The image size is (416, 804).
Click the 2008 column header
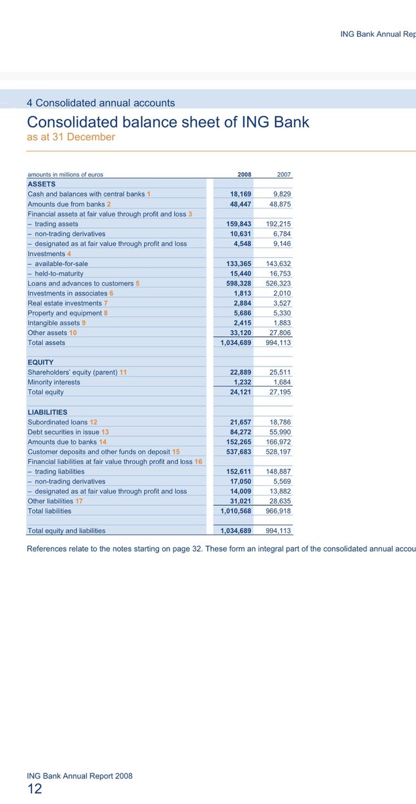click(x=244, y=174)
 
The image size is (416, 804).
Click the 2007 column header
click(x=285, y=174)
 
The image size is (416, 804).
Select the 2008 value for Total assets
click(x=236, y=342)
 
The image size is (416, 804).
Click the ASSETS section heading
click(x=41, y=184)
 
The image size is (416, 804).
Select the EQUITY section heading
click(x=41, y=362)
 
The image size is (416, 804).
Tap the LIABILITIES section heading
click(x=48, y=412)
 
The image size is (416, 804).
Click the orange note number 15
click(x=176, y=452)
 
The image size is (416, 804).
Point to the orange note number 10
click(x=73, y=332)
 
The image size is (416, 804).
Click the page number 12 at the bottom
click(x=34, y=789)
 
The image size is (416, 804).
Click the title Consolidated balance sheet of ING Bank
click(x=168, y=122)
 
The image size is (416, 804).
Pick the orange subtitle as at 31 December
click(x=71, y=137)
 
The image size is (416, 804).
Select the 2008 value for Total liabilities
click(x=236, y=511)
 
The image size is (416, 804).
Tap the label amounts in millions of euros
click(x=66, y=174)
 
